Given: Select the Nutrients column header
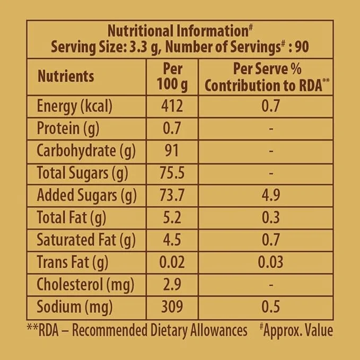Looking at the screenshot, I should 66,76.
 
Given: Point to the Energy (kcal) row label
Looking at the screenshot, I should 75,107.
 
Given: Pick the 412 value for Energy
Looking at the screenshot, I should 172,107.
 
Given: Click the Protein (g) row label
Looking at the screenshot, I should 68,129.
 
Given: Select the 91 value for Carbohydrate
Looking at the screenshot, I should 172,151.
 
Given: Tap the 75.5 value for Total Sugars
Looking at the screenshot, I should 172,173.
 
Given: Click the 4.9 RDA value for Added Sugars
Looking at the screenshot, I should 270,196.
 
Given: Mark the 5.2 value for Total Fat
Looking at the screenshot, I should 172,217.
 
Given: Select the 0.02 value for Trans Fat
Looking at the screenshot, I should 172,262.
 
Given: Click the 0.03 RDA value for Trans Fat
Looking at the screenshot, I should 270,262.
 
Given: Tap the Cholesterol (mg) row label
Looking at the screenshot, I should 85,284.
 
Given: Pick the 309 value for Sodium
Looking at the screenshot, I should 172,306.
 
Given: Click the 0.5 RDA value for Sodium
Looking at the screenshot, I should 270,306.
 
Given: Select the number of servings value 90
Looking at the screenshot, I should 302,47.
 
